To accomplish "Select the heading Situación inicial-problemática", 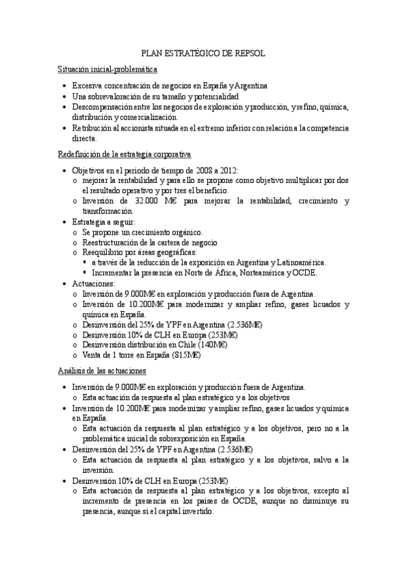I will tap(107, 69).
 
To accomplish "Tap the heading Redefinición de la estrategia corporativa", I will tap(124, 154).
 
